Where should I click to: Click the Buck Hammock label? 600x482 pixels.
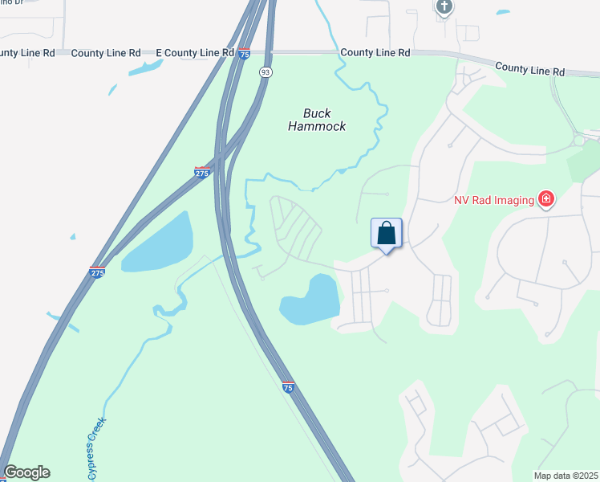pyautogui.click(x=317, y=120)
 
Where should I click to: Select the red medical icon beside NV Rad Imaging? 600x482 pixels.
pyautogui.click(x=546, y=198)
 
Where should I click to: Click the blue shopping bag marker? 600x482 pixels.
pyautogui.click(x=387, y=234)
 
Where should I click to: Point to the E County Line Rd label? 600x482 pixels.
pyautogui.click(x=188, y=53)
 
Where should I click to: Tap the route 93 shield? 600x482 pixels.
pyautogui.click(x=266, y=72)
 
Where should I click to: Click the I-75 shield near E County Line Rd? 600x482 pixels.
pyautogui.click(x=244, y=54)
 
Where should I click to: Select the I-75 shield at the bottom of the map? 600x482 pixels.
pyautogui.click(x=289, y=387)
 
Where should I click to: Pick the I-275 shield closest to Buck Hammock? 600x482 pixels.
pyautogui.click(x=203, y=172)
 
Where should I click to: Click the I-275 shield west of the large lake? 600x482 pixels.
pyautogui.click(x=97, y=272)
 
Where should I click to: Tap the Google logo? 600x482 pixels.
pyautogui.click(x=26, y=472)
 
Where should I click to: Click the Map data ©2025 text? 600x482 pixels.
pyautogui.click(x=566, y=476)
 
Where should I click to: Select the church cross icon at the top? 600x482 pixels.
pyautogui.click(x=444, y=7)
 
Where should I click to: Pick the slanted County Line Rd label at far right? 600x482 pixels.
pyautogui.click(x=529, y=70)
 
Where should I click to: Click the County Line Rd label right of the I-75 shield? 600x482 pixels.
pyautogui.click(x=375, y=52)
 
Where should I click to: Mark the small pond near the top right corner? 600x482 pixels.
pyautogui.click(x=502, y=12)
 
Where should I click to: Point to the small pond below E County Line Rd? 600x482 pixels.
pyautogui.click(x=144, y=68)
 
